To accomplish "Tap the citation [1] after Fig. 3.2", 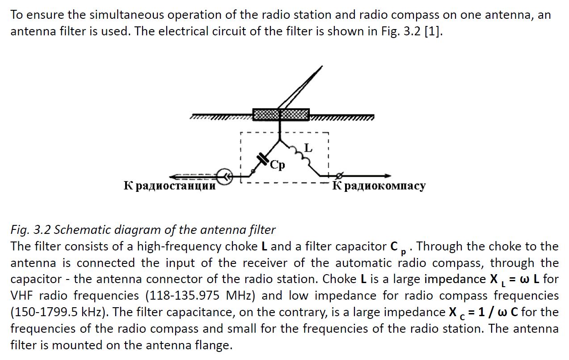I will (x=431, y=32).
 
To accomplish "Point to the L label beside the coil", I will (x=308, y=147).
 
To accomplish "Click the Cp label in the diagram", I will (x=278, y=165).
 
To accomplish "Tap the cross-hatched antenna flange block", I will (x=281, y=114).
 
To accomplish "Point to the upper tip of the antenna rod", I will (x=321, y=67).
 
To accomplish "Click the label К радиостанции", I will (x=170, y=185).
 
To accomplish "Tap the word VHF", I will (x=23, y=296).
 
